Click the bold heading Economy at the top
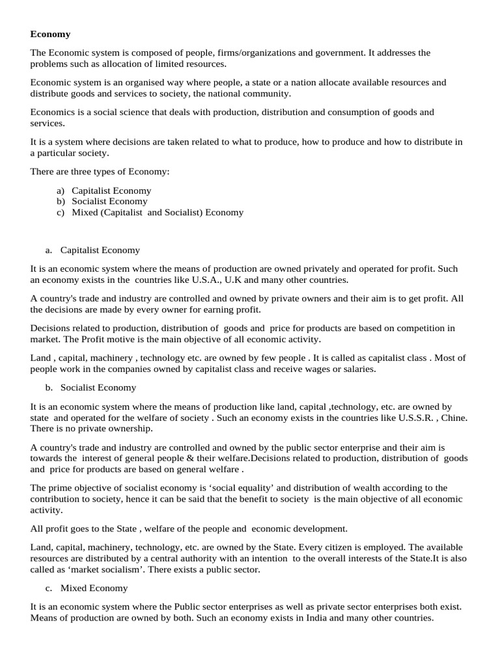(50, 33)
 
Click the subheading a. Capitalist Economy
(100, 250)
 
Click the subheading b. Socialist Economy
(98, 388)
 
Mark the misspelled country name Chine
(454, 418)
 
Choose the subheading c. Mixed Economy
(94, 588)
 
